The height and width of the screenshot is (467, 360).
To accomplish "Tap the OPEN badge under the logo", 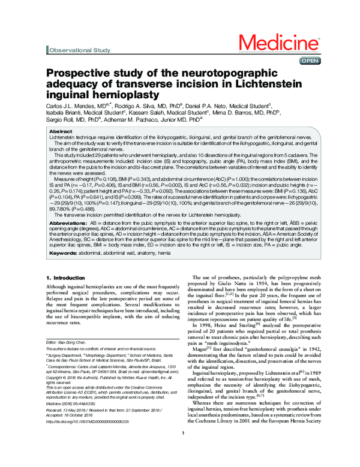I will (310, 61).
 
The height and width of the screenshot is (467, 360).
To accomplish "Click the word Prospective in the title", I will (80, 74).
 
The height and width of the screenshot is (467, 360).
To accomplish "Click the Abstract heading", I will (61, 131).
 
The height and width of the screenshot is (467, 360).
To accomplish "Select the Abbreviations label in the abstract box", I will (68, 239).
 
